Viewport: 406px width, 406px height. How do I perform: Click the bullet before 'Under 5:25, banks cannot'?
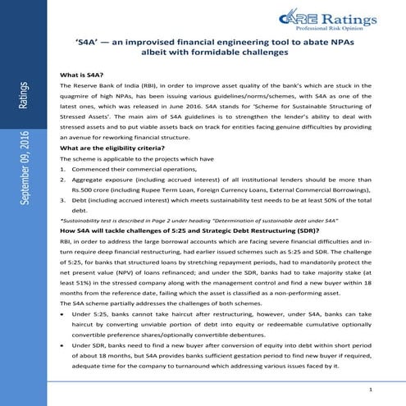(64, 314)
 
